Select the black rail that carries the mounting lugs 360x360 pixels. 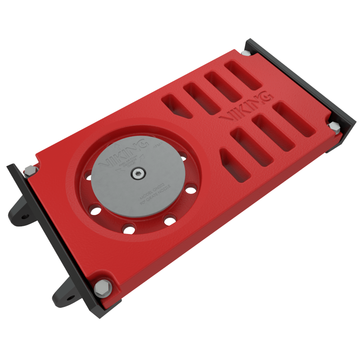(x=58, y=243)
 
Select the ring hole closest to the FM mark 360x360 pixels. (x=182, y=157)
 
